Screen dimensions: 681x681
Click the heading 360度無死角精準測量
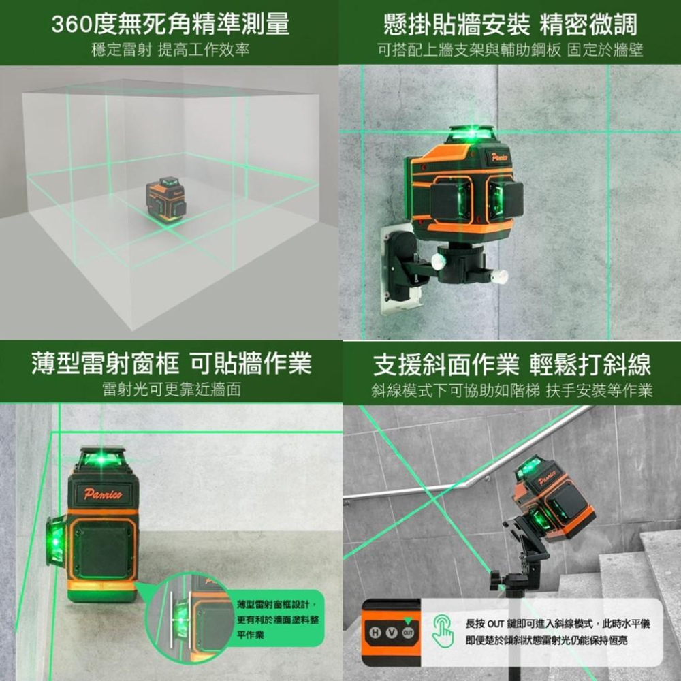click(x=170, y=25)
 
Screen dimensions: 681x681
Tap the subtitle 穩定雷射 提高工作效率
click(x=170, y=50)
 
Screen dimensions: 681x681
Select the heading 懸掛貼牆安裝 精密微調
click(x=511, y=25)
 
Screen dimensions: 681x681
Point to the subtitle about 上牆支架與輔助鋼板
click(x=511, y=50)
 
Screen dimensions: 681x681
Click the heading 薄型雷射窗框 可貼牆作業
click(x=170, y=364)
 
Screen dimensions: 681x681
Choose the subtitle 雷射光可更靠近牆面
click(x=170, y=390)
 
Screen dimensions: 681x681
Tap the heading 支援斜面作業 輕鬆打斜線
click(x=511, y=364)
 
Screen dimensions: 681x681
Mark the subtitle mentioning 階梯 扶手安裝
click(x=511, y=390)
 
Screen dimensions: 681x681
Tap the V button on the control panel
click(x=391, y=633)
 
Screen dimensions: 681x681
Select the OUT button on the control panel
click(x=407, y=633)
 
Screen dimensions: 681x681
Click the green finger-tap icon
click(x=442, y=631)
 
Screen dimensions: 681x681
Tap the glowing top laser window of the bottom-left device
click(x=103, y=459)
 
